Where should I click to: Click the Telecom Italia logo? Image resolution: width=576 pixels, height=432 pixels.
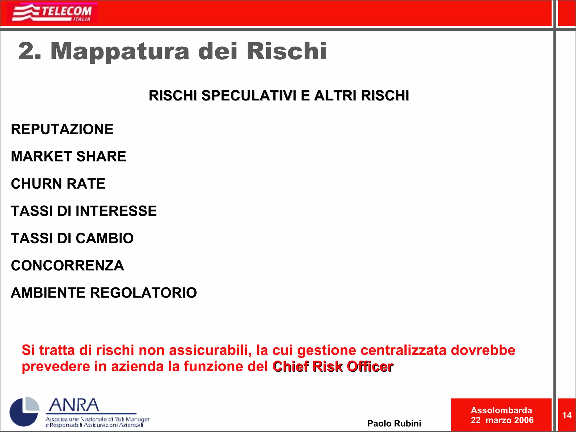tap(52, 13)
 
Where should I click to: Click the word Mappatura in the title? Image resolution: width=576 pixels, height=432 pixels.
tap(120, 51)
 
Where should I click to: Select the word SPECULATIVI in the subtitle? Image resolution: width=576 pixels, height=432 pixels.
tap(249, 96)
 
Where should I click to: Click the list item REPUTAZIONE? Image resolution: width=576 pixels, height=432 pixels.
tap(62, 129)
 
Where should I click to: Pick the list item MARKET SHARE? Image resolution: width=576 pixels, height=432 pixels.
tap(68, 156)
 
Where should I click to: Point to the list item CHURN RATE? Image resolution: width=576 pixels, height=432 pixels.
tap(58, 184)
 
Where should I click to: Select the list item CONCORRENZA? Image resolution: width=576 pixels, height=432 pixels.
tap(67, 265)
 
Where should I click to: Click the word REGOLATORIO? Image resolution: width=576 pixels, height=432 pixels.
tap(143, 293)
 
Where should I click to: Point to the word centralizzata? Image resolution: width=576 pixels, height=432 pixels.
tap(403, 350)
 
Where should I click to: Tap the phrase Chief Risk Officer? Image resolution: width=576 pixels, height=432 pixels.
tap(333, 366)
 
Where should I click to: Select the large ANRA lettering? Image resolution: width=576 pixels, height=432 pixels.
tap(74, 405)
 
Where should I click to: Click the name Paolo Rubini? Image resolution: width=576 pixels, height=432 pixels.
tap(394, 423)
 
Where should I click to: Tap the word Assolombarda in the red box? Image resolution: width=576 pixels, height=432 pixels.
tap(501, 410)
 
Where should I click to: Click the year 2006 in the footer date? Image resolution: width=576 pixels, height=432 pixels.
tap(524, 420)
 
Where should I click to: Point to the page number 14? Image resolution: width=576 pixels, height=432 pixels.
tap(567, 415)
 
